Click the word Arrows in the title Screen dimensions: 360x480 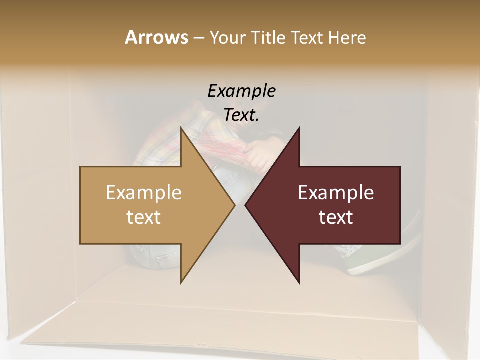pyautogui.click(x=156, y=37)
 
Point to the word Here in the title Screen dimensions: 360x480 pyautogui.click(x=347, y=37)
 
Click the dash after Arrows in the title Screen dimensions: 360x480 pyautogui.click(x=198, y=38)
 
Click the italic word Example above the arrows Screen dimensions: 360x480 pyautogui.click(x=241, y=91)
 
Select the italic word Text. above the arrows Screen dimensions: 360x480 pyautogui.click(x=241, y=115)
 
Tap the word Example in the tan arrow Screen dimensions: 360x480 pyautogui.click(x=144, y=192)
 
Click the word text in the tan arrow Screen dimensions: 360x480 pyautogui.click(x=144, y=217)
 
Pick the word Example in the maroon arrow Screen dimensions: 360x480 pyautogui.click(x=336, y=192)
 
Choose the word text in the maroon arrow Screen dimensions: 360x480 pyautogui.click(x=336, y=217)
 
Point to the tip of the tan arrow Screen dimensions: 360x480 pyautogui.click(x=235, y=205)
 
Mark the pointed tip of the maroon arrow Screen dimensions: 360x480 pyautogui.click(x=245, y=205)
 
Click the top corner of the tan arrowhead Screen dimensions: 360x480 pyautogui.click(x=181, y=128)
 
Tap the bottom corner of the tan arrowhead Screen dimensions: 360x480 pyautogui.click(x=181, y=283)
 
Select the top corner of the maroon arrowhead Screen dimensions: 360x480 pyautogui.click(x=299, y=128)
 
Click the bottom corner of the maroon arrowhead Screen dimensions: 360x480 pyautogui.click(x=299, y=283)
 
